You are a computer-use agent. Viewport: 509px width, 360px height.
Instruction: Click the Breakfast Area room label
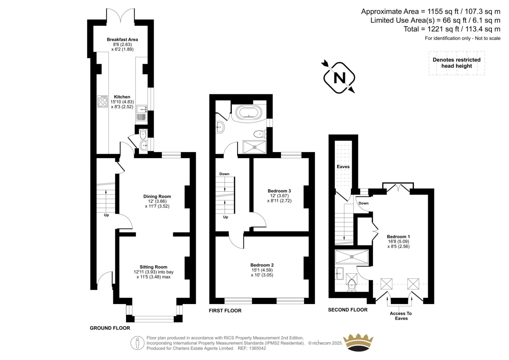(x=122, y=39)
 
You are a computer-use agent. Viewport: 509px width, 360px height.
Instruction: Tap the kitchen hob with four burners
(x=103, y=101)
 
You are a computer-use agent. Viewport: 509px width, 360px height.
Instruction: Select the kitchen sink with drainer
(x=142, y=113)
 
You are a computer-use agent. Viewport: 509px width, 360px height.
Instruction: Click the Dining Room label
(x=157, y=196)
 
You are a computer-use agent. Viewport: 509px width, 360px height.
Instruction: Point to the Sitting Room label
(x=153, y=267)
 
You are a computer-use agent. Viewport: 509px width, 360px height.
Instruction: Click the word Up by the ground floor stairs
(x=106, y=215)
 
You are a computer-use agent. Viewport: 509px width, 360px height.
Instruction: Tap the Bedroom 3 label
(x=279, y=191)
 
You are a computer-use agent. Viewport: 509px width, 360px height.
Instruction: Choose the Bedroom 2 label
(x=262, y=265)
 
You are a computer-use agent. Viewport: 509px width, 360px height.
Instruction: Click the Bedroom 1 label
(x=398, y=236)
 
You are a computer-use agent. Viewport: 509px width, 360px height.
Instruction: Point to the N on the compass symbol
(x=339, y=78)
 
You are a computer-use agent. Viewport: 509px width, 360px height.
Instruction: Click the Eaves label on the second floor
(x=343, y=167)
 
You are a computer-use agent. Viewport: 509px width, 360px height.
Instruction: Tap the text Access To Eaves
(x=401, y=316)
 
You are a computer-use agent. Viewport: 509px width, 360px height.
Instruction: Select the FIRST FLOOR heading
(x=225, y=311)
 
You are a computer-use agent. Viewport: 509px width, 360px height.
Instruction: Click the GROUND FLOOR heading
(x=110, y=328)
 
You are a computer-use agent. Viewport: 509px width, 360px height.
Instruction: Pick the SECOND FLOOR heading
(x=348, y=310)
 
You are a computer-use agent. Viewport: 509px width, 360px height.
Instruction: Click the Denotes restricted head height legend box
(x=457, y=63)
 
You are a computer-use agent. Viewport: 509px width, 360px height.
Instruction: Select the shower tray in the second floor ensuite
(x=352, y=257)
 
